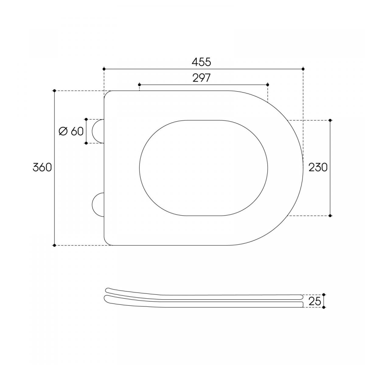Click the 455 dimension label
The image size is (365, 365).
(201, 62)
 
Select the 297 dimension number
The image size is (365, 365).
(202, 78)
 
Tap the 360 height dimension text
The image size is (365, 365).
(42, 167)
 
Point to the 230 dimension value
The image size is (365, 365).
(318, 167)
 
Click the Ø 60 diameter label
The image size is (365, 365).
(71, 131)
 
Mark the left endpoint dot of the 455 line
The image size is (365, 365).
(104, 69)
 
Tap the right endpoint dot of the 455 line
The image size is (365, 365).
(303, 69)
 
